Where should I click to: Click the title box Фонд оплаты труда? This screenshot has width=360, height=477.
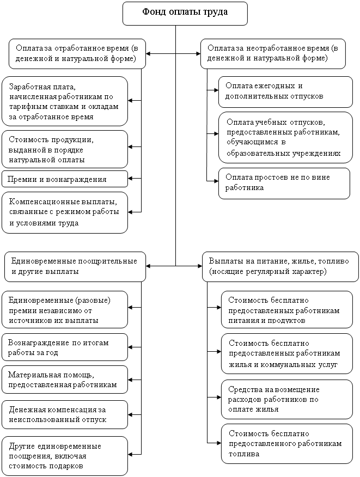185,14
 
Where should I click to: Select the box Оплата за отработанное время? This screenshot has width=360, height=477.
77,54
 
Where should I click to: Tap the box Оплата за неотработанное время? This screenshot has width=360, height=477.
273,54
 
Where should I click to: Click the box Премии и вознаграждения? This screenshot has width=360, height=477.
64,179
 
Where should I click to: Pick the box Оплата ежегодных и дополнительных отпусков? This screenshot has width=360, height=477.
285,92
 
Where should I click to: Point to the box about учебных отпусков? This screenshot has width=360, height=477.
285,138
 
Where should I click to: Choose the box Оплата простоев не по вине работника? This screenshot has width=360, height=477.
284,184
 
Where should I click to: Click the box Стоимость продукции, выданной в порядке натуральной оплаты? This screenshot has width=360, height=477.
64,149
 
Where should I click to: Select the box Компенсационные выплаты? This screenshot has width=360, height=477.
64,213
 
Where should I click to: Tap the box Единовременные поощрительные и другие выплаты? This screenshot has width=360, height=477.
75,266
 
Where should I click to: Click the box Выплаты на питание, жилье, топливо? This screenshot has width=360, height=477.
280,266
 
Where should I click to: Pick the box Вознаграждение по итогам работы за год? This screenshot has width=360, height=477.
64,347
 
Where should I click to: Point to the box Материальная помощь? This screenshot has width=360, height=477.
64,380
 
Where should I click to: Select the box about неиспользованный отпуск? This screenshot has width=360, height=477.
64,414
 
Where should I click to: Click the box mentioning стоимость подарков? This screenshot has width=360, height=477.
64,456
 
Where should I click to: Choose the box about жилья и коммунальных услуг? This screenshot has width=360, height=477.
286,353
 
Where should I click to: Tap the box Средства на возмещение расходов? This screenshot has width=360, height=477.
286,399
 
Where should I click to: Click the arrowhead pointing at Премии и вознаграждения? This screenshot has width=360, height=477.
130,178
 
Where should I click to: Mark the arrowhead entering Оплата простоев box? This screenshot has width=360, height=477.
216,181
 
